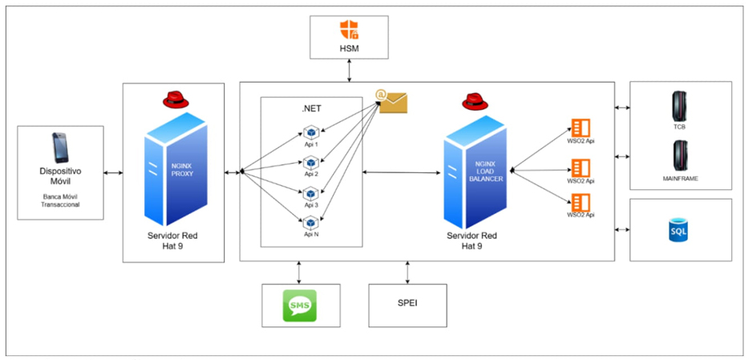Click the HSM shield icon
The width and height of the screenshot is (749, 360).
tap(349, 31)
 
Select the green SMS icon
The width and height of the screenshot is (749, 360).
tap(301, 305)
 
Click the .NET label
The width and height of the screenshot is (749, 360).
tap(310, 108)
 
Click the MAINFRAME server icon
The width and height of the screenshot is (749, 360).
tap(680, 155)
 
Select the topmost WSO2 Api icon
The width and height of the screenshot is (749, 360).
tap(580, 127)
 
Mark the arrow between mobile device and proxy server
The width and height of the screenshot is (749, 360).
tap(113, 172)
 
